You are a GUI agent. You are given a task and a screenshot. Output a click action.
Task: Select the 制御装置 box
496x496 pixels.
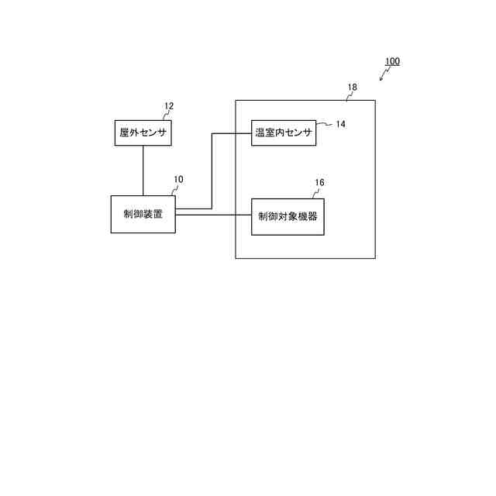coord(143,214)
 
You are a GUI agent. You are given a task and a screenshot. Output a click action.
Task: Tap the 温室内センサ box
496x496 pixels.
coord(284,133)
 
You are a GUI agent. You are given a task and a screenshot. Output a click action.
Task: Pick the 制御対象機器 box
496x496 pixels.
coord(288,216)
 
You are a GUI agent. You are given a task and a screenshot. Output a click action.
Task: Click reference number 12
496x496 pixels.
coord(169,106)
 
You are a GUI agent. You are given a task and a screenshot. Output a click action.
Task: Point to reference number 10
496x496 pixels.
coord(178,179)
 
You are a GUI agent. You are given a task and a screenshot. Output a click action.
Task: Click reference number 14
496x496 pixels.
coord(340,124)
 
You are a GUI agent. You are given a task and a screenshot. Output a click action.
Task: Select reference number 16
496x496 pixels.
coord(319,183)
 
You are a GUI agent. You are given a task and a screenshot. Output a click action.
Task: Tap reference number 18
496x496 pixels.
coord(353,88)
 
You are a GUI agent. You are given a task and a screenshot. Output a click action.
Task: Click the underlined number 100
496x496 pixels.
coord(392,61)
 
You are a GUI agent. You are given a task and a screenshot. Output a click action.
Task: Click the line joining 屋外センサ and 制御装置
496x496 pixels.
coord(143,170)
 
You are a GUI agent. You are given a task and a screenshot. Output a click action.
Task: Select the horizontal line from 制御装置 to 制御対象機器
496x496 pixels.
coord(213,215)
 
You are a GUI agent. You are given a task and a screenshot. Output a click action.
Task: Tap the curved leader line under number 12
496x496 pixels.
coord(164,115)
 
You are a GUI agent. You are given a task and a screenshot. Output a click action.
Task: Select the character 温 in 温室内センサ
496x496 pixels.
coord(260,133)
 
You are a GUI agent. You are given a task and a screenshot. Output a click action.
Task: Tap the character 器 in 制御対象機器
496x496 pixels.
coord(312,216)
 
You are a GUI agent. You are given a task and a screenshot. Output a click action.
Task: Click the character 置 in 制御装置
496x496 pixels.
coord(158,214)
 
